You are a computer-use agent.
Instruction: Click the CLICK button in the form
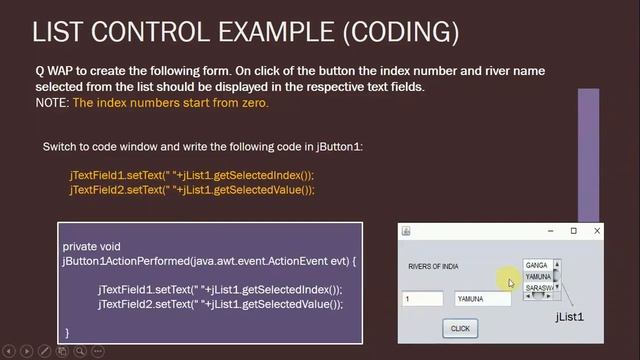coord(460,328)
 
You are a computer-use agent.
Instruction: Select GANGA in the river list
coord(537,265)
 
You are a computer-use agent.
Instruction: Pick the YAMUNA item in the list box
coord(538,276)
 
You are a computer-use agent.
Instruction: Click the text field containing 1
coord(422,299)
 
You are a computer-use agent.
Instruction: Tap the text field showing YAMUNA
coord(482,299)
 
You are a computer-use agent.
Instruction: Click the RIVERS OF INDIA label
coord(433,267)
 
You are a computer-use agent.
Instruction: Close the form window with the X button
coord(597,231)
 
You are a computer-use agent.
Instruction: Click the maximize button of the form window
coord(573,231)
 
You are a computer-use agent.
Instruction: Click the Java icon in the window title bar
coord(406,231)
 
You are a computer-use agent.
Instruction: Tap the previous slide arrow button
coord(10,351)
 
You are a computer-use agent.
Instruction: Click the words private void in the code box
coord(93,246)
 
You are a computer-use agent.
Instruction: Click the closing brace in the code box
coord(67,331)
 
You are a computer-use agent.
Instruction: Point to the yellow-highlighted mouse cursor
coord(510,283)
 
